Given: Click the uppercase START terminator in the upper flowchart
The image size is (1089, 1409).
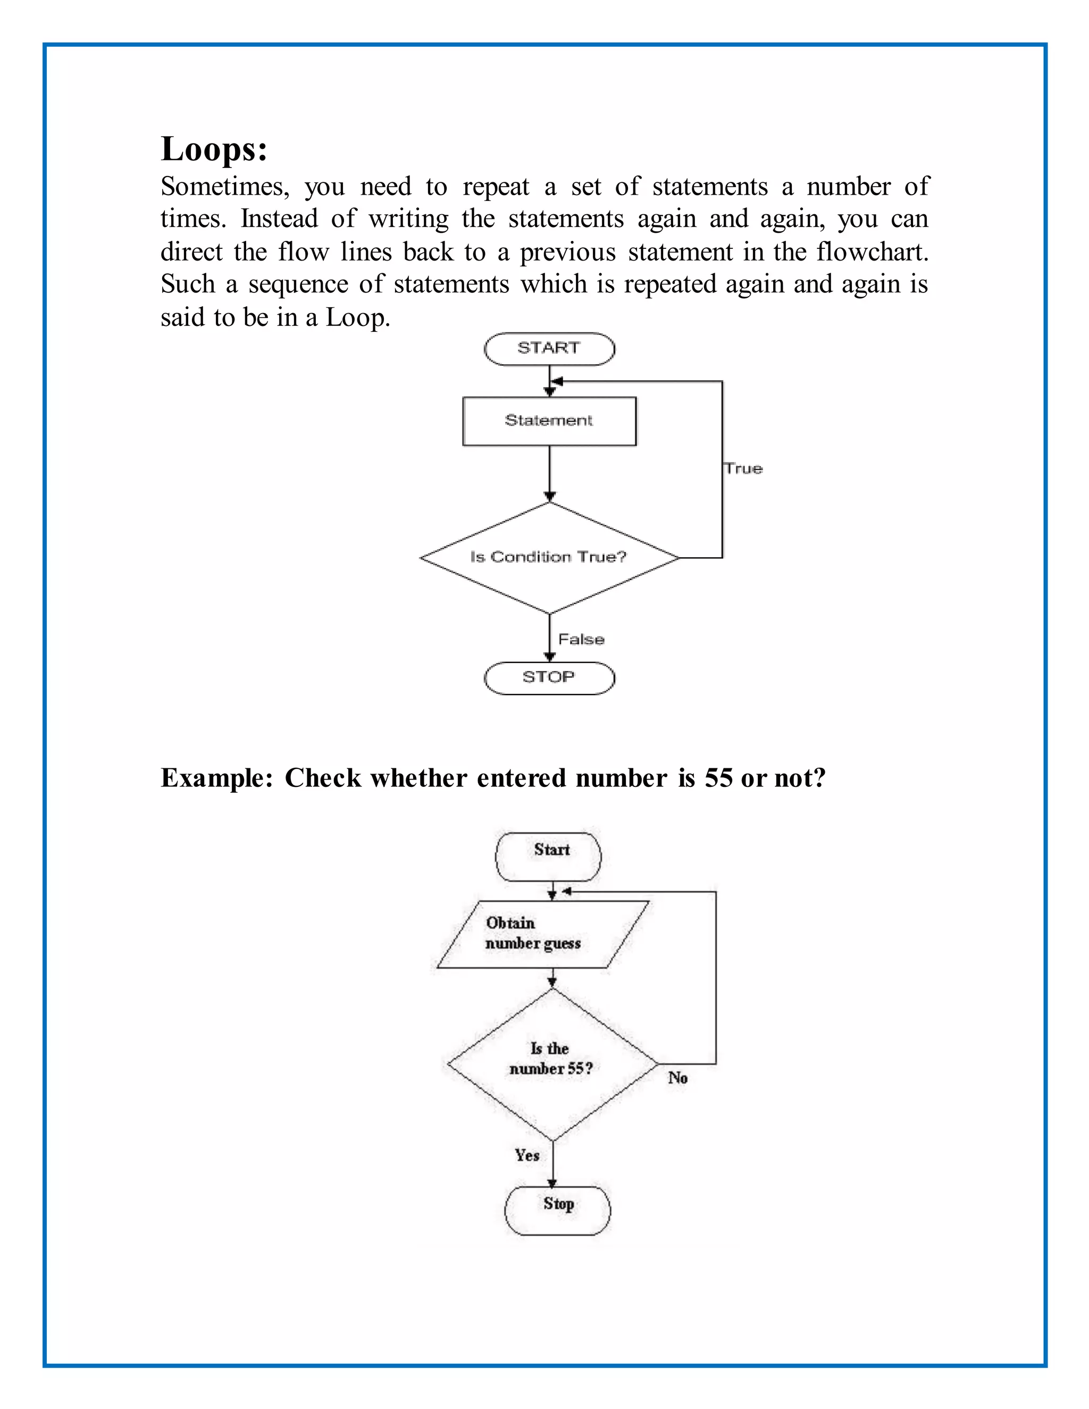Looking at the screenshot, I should [x=549, y=348].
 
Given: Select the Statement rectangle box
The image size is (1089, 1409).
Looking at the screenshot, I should [x=549, y=421].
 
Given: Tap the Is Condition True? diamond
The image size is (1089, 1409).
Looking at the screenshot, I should [x=549, y=557].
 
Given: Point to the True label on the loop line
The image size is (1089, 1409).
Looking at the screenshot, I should [x=743, y=468].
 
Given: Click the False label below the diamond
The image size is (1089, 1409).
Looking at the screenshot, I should [x=581, y=639].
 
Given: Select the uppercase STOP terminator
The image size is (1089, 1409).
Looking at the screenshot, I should [x=549, y=677].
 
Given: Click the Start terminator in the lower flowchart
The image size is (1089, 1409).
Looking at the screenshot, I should [x=548, y=857].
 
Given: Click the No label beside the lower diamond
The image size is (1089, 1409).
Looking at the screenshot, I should [x=677, y=1077].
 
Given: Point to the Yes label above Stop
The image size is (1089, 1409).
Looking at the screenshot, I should [x=526, y=1155].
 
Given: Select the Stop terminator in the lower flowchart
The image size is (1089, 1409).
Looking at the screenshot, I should [x=557, y=1210].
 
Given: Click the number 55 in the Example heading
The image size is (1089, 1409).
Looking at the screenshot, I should [x=718, y=778].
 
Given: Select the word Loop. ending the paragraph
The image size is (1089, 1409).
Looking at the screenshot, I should [x=357, y=317].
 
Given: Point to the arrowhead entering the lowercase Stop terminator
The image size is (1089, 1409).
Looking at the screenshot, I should [x=552, y=1183].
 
